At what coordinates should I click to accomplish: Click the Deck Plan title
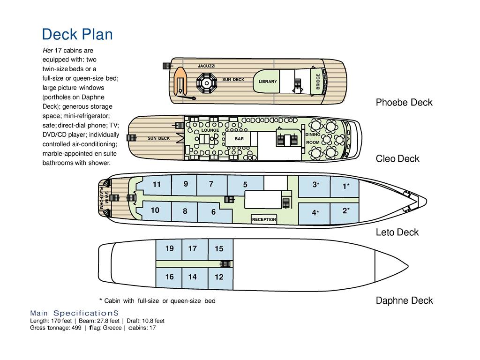77,34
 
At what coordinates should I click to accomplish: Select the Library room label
268,82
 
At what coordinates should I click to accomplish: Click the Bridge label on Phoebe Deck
318,82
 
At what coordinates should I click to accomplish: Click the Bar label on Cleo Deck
240,139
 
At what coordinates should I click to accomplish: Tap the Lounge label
210,130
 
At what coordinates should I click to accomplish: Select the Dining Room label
313,138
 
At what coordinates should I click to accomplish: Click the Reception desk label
264,219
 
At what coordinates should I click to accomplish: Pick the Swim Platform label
104,200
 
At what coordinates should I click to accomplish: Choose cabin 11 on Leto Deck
157,184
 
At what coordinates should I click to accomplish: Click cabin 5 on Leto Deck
245,185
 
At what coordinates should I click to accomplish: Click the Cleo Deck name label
397,158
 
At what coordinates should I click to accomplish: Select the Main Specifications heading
74,313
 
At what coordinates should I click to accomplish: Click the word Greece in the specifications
112,328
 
